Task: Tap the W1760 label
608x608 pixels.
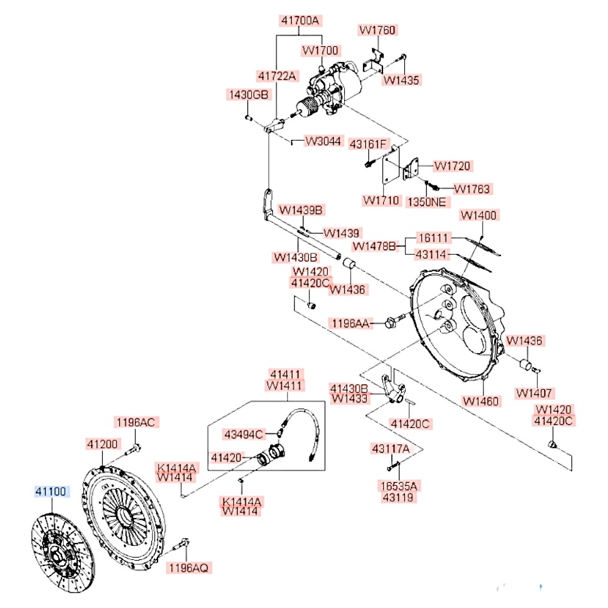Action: coord(377,30)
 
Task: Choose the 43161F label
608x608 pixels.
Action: coord(368,144)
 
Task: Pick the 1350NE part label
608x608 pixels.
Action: coord(426,201)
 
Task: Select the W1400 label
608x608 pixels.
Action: coord(479,215)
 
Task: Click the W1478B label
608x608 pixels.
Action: coord(375,246)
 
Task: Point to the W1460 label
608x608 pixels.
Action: coord(480,401)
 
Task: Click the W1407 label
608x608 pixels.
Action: coord(534,393)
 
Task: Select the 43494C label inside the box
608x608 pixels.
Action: coord(243,434)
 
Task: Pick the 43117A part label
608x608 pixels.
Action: coord(390,449)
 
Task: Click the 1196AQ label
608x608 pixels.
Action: coord(188,567)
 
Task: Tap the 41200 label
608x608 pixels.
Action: coord(102,444)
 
